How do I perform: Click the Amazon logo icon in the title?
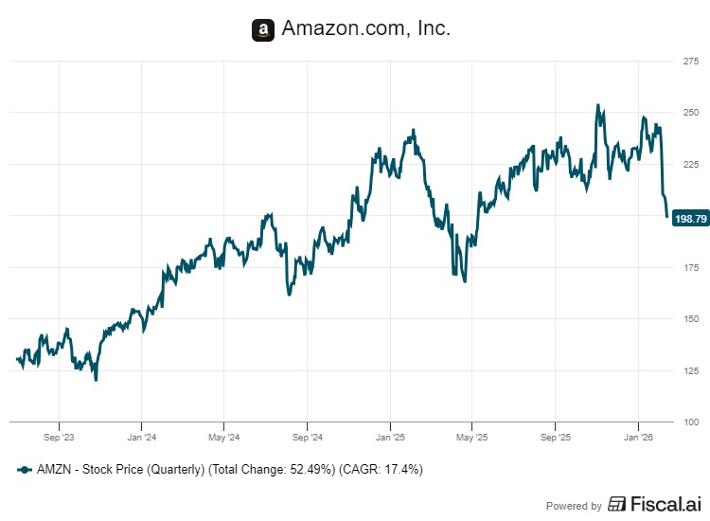263,30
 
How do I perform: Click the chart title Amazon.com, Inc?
365,29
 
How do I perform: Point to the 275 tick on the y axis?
690,62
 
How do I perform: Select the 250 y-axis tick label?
690,113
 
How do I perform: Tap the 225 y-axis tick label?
690,164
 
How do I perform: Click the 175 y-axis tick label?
690,267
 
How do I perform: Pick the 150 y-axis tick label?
690,318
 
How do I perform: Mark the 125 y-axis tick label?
690,370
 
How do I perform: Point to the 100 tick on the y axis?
690,422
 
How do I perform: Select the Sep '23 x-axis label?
59,438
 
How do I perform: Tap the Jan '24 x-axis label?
141,438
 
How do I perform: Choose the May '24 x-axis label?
223,438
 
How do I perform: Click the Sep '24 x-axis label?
307,438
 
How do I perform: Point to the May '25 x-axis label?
471,438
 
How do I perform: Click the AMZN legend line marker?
24,469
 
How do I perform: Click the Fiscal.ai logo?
652,505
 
